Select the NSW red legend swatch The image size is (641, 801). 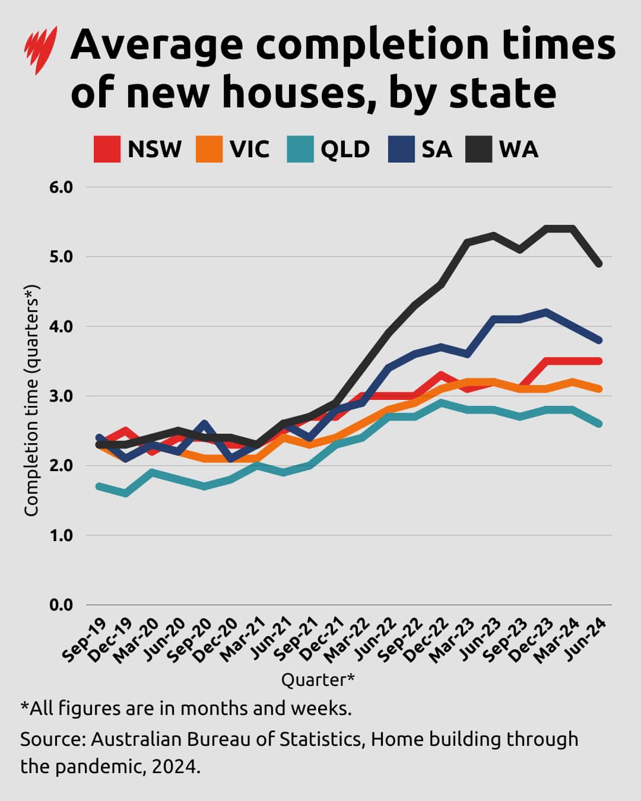click(x=107, y=149)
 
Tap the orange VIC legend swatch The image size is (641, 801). click(x=209, y=149)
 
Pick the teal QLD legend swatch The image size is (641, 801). click(x=300, y=149)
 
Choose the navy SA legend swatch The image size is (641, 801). click(x=401, y=149)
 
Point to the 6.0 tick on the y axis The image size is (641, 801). click(x=59, y=187)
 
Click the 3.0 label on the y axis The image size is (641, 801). click(x=59, y=396)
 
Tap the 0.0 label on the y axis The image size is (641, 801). click(x=59, y=605)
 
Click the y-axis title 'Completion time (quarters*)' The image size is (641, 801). click(x=31, y=401)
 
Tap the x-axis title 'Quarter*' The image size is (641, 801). click(x=318, y=679)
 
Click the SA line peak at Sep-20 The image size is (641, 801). click(x=204, y=424)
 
